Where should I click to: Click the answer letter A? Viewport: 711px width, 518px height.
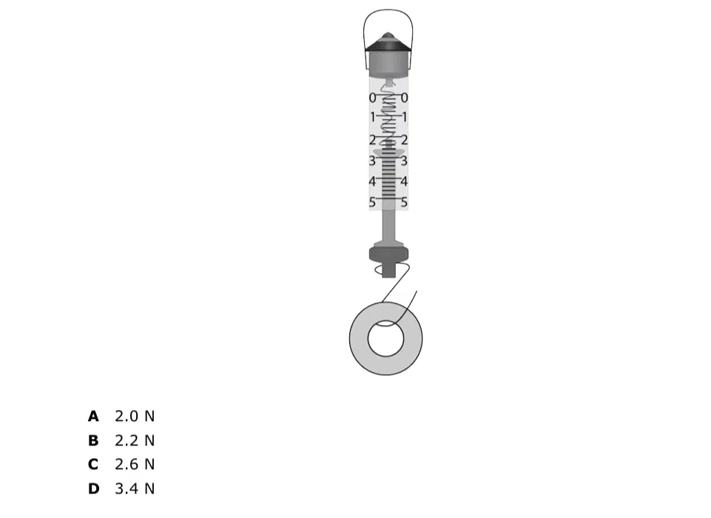(93, 416)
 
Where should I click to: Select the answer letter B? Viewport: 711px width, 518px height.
(93, 440)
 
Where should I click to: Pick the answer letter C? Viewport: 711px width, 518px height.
(93, 465)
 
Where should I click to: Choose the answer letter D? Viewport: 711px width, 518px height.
(93, 488)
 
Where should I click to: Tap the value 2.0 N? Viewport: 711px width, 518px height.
(135, 416)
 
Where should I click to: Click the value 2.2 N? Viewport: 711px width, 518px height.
(135, 440)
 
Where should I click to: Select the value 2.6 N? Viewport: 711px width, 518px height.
(135, 465)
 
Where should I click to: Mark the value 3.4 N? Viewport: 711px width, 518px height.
(135, 488)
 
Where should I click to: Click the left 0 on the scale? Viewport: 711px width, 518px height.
(372, 98)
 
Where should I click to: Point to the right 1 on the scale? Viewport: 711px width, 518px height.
(405, 118)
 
